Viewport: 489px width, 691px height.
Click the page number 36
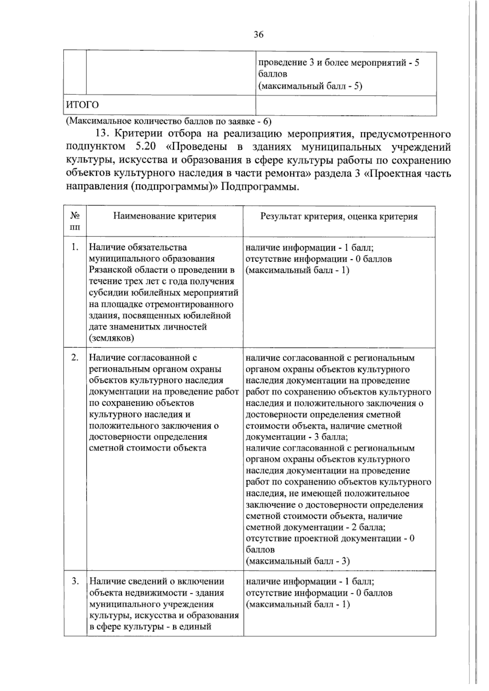[x=258, y=35]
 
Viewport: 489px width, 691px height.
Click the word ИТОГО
[x=82, y=105]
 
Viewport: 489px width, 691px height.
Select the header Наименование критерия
[x=165, y=216]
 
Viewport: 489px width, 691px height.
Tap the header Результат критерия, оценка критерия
[x=339, y=216]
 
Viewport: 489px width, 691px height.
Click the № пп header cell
[x=75, y=221]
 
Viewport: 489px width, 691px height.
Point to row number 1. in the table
[x=75, y=247]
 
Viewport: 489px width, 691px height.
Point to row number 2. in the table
[x=75, y=358]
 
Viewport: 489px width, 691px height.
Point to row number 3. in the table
[x=75, y=581]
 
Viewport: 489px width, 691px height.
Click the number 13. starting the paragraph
[x=102, y=134]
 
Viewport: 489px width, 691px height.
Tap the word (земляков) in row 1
[x=111, y=338]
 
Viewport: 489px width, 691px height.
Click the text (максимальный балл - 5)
[x=310, y=86]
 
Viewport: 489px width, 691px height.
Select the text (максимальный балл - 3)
[x=298, y=561]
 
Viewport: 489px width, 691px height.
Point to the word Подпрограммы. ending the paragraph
[x=258, y=187]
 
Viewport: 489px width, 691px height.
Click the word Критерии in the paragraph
[x=136, y=134]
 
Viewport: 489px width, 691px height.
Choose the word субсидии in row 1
[x=108, y=293]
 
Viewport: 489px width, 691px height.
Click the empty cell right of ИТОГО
[x=346, y=105]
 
